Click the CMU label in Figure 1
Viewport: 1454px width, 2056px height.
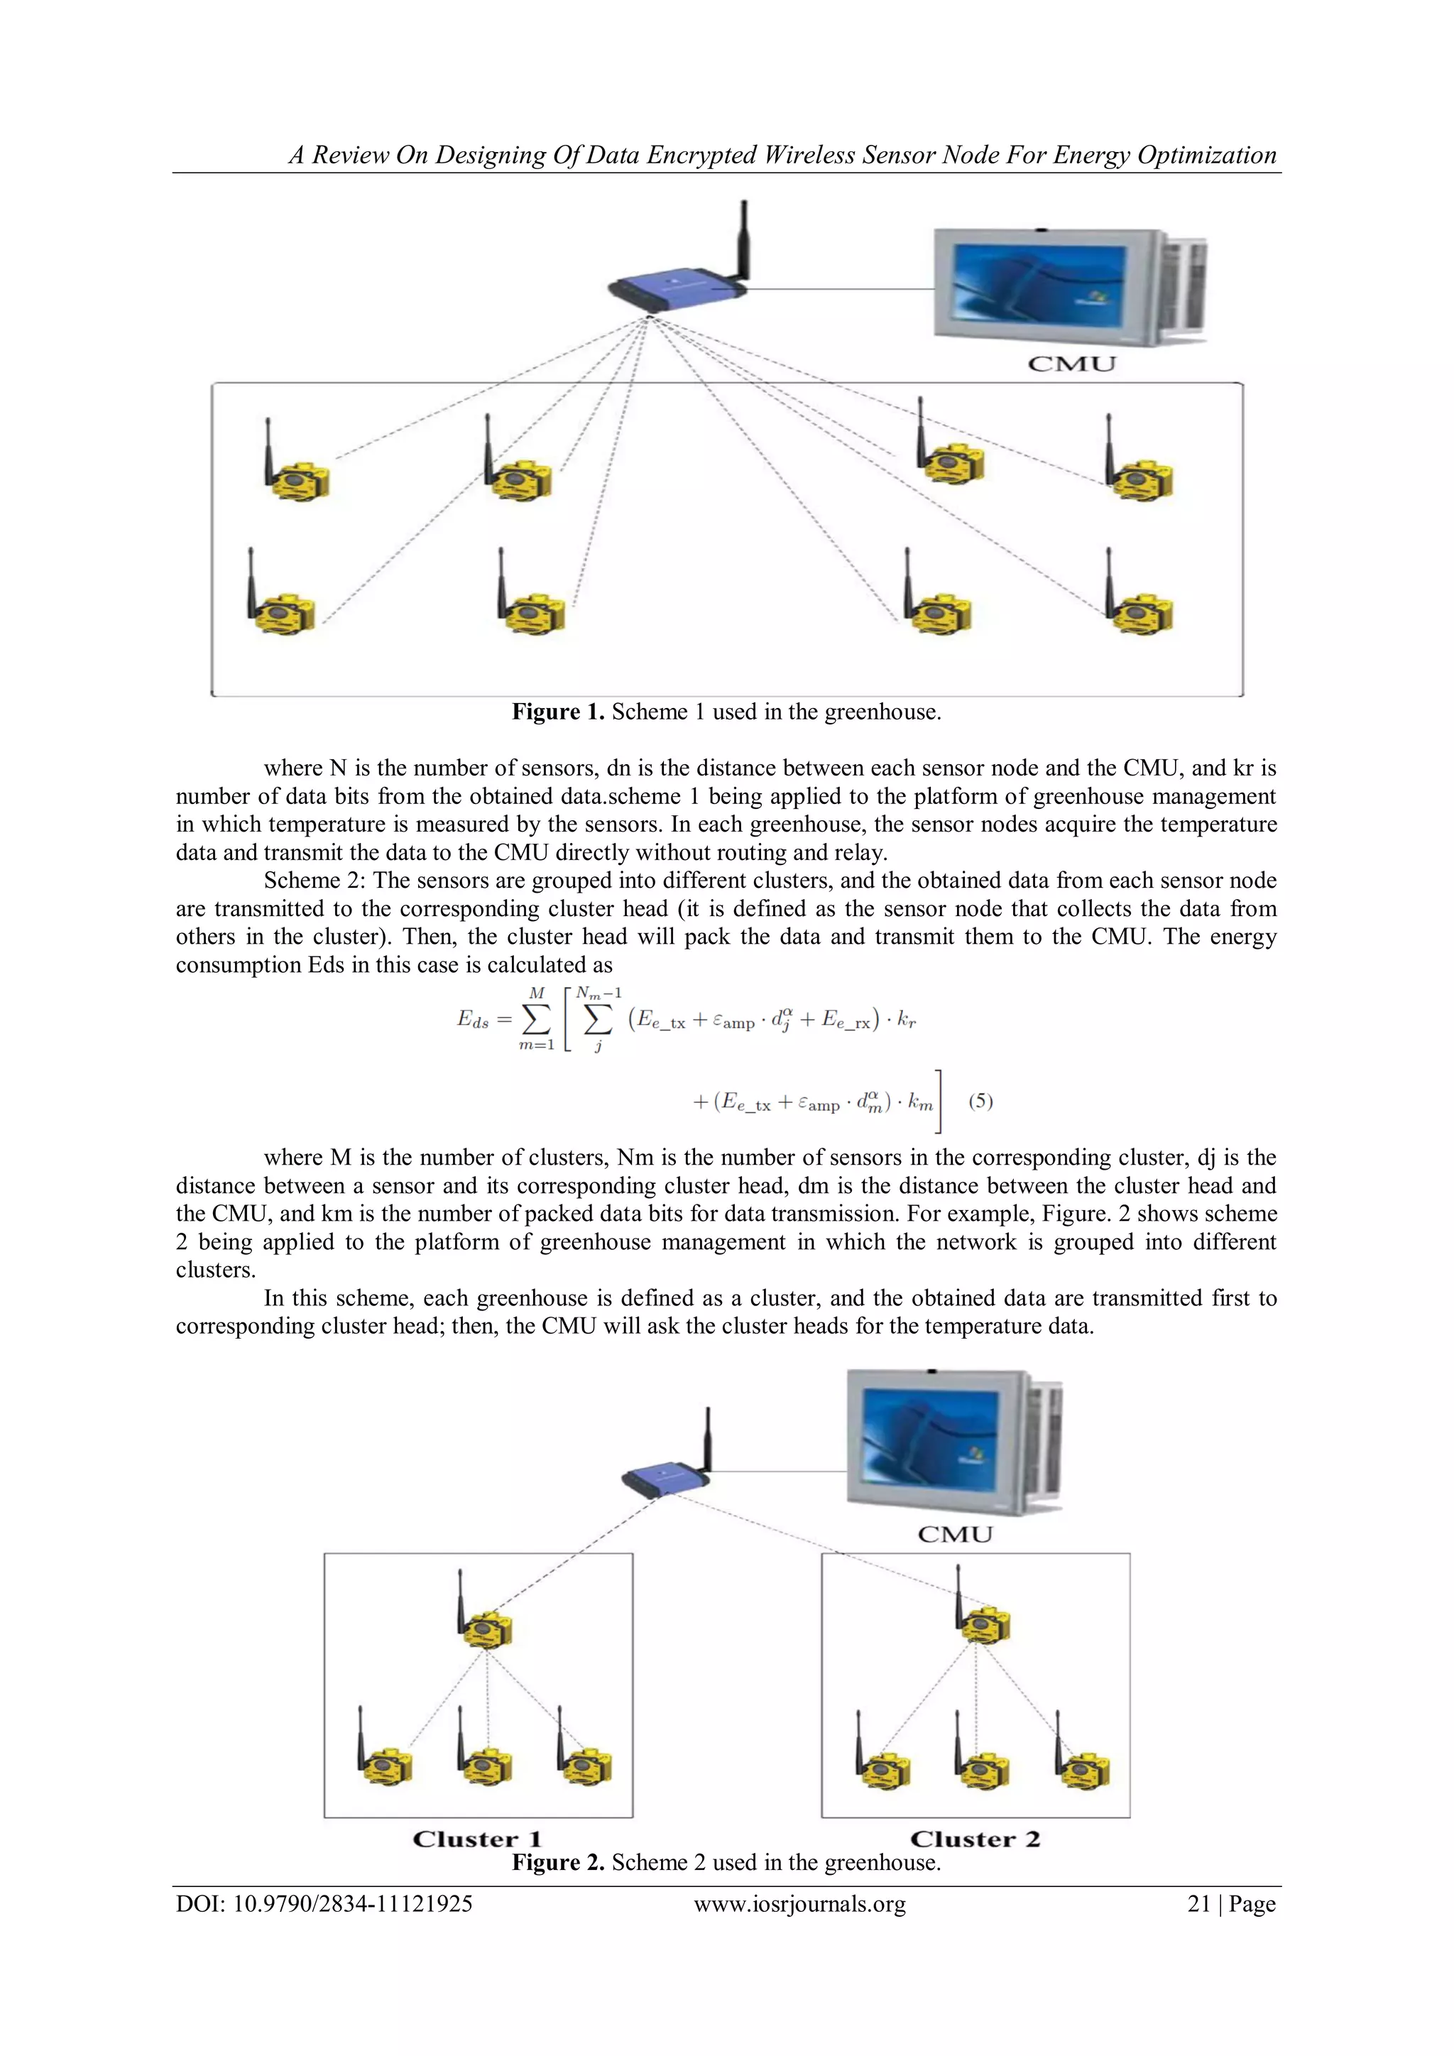click(x=1072, y=364)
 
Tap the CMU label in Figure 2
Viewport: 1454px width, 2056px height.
click(x=956, y=1534)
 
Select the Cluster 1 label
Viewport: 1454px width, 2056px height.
click(x=477, y=1839)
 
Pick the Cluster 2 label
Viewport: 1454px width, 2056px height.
click(x=975, y=1839)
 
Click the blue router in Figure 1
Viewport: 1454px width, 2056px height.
click(x=676, y=288)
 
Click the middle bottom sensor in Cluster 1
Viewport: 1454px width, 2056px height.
click(x=487, y=1762)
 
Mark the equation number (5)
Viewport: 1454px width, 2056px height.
click(x=980, y=1101)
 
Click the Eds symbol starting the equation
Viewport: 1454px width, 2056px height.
click(x=473, y=1019)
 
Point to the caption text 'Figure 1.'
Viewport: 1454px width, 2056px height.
click(x=558, y=712)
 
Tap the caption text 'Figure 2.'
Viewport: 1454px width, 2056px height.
click(x=558, y=1863)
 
